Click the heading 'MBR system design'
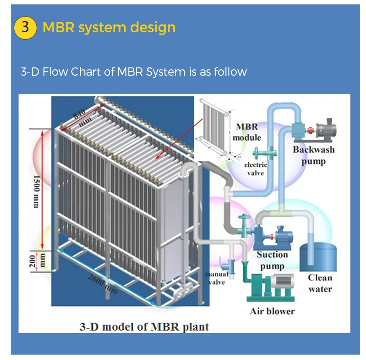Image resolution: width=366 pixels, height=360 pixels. (109, 27)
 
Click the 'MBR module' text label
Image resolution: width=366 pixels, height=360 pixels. (247, 132)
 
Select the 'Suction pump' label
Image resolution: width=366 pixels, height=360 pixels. (272, 260)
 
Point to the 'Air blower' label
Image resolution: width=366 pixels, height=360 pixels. (272, 311)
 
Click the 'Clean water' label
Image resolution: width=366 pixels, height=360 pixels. (320, 283)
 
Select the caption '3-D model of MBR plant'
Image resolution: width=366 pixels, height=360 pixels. (144, 326)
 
